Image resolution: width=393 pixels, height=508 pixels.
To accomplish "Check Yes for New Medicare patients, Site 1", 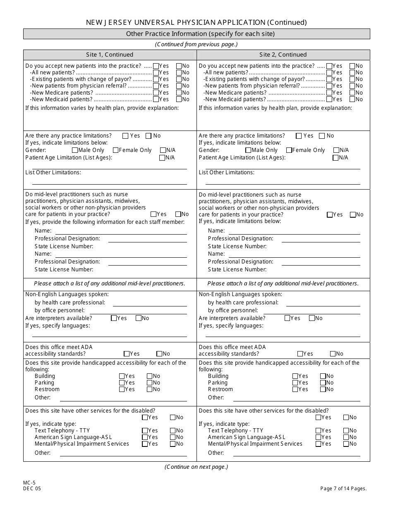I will [x=156, y=93].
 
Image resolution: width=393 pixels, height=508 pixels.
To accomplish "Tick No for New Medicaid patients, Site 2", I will [x=352, y=99].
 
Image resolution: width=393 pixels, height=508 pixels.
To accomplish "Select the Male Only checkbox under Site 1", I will [x=75, y=150].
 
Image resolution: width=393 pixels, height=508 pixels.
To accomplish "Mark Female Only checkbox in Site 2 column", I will [x=289, y=150].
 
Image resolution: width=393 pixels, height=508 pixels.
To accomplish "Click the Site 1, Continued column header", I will [x=110, y=55].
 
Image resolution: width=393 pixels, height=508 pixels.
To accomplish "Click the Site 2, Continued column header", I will [x=283, y=55].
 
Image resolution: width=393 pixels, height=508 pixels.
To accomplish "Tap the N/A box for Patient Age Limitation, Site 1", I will [x=162, y=158].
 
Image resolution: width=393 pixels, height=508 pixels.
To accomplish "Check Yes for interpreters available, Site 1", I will [x=114, y=318].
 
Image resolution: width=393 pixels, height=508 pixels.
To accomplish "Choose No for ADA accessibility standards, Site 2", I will [x=333, y=354].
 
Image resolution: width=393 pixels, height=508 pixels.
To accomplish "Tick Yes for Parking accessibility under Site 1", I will [x=122, y=383].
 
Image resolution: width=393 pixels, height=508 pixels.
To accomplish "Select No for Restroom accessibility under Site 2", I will [x=323, y=389].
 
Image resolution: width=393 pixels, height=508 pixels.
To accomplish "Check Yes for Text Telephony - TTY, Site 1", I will [x=145, y=430].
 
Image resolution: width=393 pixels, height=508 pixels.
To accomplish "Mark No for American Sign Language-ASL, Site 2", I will [x=346, y=437].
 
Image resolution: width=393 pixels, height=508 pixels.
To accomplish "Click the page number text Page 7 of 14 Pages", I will [x=343, y=489].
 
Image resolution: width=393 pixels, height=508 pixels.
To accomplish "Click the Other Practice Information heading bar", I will [x=196, y=34].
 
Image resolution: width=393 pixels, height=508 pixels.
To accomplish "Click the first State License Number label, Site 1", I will [x=64, y=246].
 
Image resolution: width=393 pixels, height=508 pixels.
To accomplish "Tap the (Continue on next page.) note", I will [x=196, y=467].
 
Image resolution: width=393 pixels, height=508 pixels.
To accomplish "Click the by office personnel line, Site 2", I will [x=323, y=311].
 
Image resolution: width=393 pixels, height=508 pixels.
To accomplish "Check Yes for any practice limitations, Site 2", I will [x=299, y=136].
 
